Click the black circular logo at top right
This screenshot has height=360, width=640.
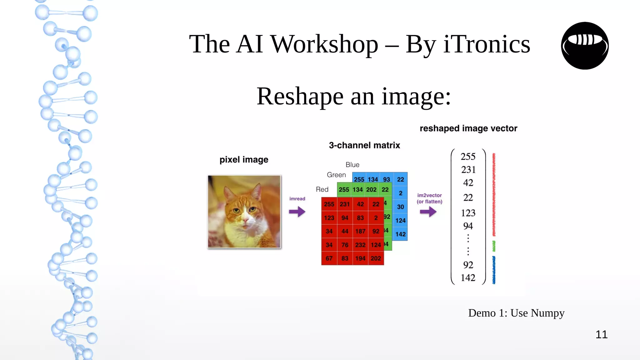tap(585, 46)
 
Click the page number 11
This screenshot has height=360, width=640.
tap(601, 334)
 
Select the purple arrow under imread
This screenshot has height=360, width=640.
tap(297, 212)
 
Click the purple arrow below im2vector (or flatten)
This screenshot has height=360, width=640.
tap(428, 212)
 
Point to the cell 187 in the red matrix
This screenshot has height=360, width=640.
tap(360, 231)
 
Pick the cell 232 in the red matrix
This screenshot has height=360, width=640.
tap(360, 245)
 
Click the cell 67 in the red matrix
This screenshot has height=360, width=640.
tap(329, 258)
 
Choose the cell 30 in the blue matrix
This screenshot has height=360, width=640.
tap(400, 207)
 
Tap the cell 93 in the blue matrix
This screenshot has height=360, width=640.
tap(387, 179)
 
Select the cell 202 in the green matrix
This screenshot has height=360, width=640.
tap(371, 190)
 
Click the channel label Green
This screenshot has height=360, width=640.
tap(336, 175)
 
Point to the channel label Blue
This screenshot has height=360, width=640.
tap(352, 165)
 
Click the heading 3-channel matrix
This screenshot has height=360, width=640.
tap(364, 145)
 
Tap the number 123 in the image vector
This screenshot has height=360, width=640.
tap(468, 213)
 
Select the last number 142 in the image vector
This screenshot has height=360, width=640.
tap(468, 277)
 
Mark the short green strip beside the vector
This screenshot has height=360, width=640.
tap(494, 246)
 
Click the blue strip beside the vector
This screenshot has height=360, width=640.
tap(494, 270)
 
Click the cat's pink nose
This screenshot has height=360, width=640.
tap(246, 221)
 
